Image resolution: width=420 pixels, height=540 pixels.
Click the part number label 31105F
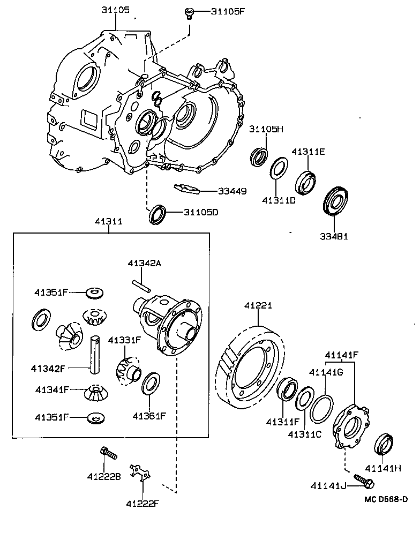(x=227, y=11)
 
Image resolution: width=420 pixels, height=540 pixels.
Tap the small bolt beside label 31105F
(x=189, y=12)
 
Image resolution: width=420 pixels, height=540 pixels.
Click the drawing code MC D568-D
(x=386, y=500)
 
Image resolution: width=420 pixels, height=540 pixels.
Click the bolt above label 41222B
(x=108, y=454)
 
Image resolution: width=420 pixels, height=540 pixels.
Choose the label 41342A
(x=144, y=263)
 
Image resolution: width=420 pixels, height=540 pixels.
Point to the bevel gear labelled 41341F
(x=95, y=394)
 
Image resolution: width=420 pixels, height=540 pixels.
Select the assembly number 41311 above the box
(x=109, y=221)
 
